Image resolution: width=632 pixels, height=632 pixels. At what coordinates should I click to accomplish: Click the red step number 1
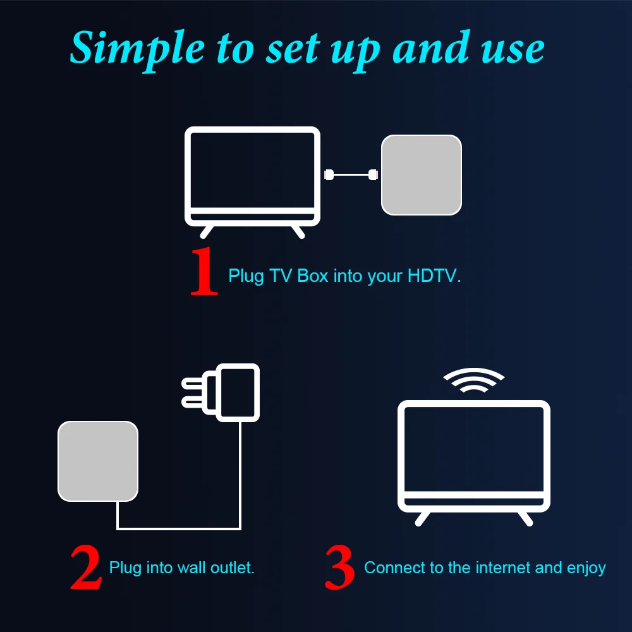[x=204, y=272]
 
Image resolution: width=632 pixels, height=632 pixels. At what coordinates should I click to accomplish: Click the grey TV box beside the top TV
[x=422, y=174]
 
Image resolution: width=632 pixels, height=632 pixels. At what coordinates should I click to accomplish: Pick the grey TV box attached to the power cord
[x=98, y=461]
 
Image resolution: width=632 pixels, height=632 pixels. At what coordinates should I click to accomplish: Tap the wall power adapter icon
[x=238, y=392]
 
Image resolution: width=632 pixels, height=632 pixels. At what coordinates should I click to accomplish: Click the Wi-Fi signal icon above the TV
[x=473, y=381]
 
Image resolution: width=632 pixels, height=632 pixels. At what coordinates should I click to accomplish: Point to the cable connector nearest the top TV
[x=329, y=174]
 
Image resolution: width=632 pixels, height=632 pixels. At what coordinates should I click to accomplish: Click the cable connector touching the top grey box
[x=374, y=174]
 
